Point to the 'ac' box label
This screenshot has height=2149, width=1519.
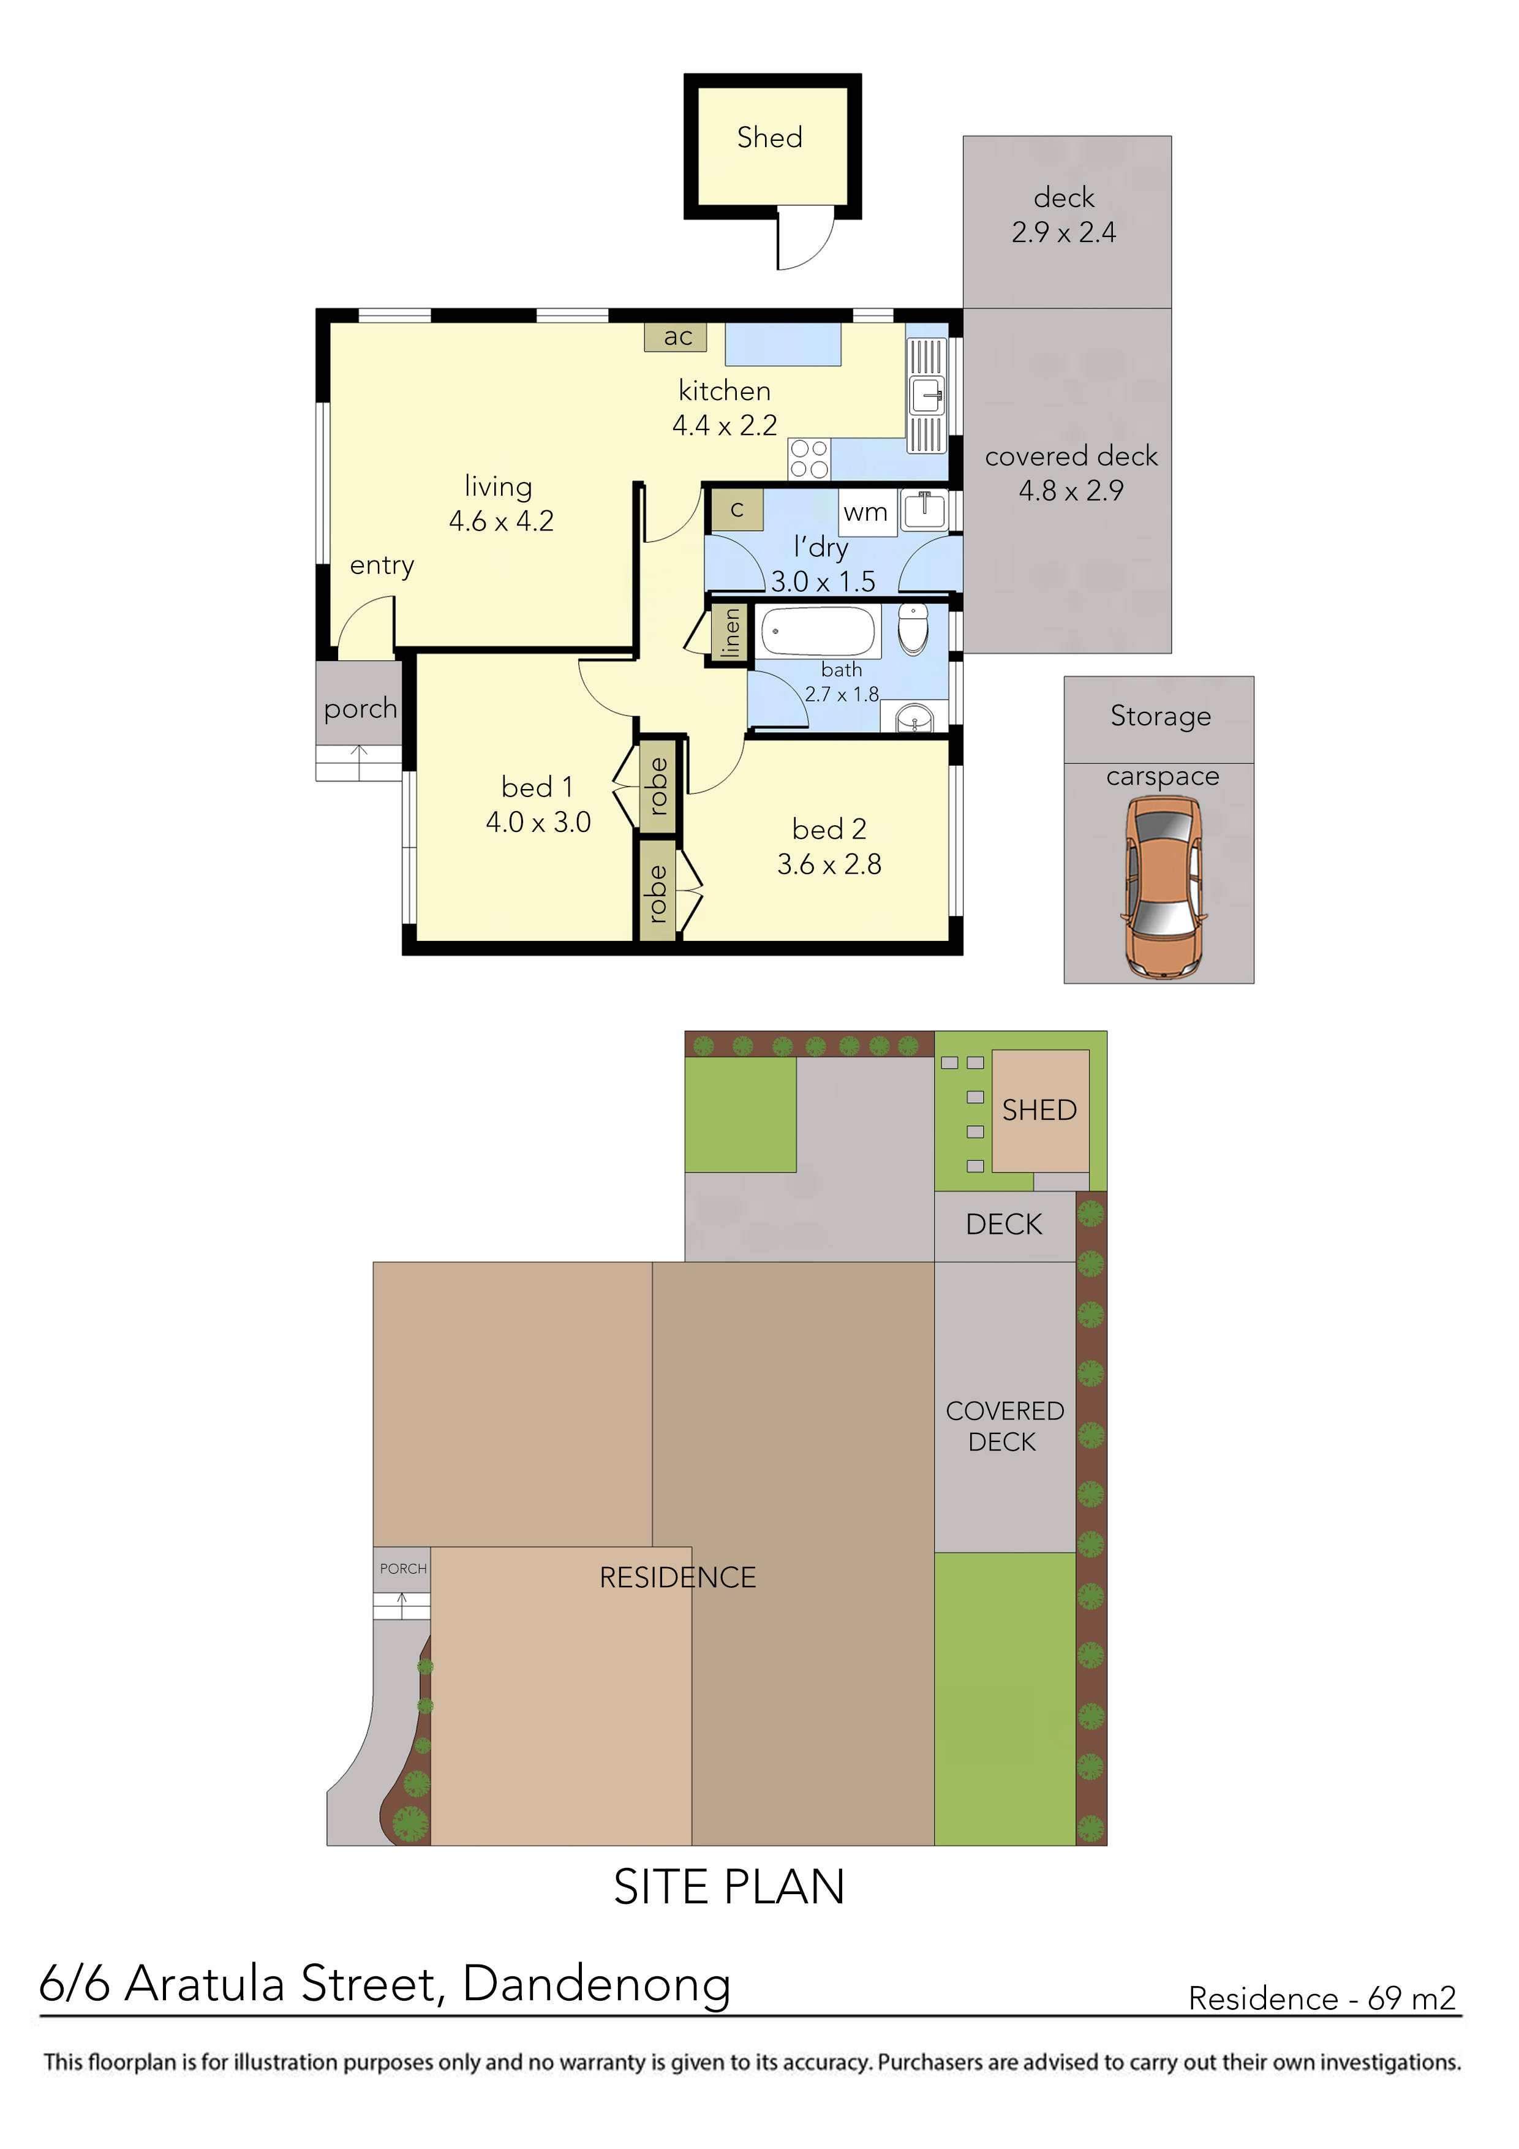677,337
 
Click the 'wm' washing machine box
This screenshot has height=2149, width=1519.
865,513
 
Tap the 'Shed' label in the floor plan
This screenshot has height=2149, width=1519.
769,138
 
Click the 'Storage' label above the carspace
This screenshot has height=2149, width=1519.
1161,717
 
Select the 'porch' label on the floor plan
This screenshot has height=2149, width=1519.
360,709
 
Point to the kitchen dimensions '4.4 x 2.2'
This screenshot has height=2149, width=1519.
725,426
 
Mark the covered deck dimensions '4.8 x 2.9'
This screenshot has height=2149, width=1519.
1071,491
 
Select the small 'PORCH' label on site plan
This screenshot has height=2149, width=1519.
402,1569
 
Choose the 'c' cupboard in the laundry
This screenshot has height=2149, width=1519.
737,510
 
